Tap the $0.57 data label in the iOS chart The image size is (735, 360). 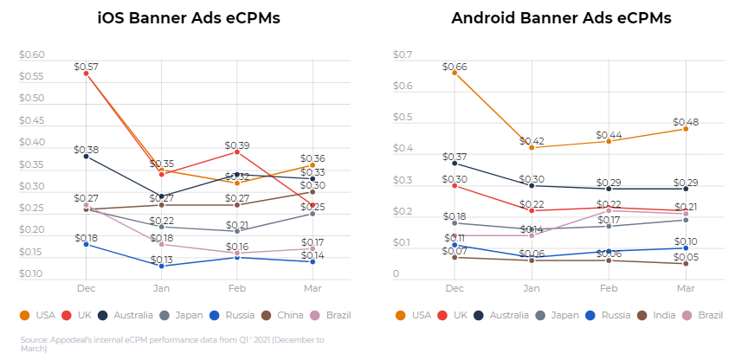click(x=86, y=66)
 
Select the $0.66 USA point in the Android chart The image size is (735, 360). click(x=455, y=73)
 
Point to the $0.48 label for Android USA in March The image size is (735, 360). click(x=686, y=122)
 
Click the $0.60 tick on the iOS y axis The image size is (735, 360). click(x=32, y=55)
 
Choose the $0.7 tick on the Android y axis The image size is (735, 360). click(x=402, y=55)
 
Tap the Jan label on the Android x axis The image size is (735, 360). click(x=531, y=287)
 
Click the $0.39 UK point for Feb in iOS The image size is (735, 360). click(x=237, y=151)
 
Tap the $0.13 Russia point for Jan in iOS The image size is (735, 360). click(x=161, y=266)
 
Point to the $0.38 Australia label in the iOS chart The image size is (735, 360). click(x=86, y=149)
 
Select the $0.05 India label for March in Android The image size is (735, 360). click(x=686, y=257)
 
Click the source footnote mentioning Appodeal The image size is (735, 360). click(x=172, y=344)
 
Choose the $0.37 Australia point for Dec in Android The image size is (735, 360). click(x=455, y=164)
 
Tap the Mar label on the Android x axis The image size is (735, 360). click(x=686, y=287)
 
